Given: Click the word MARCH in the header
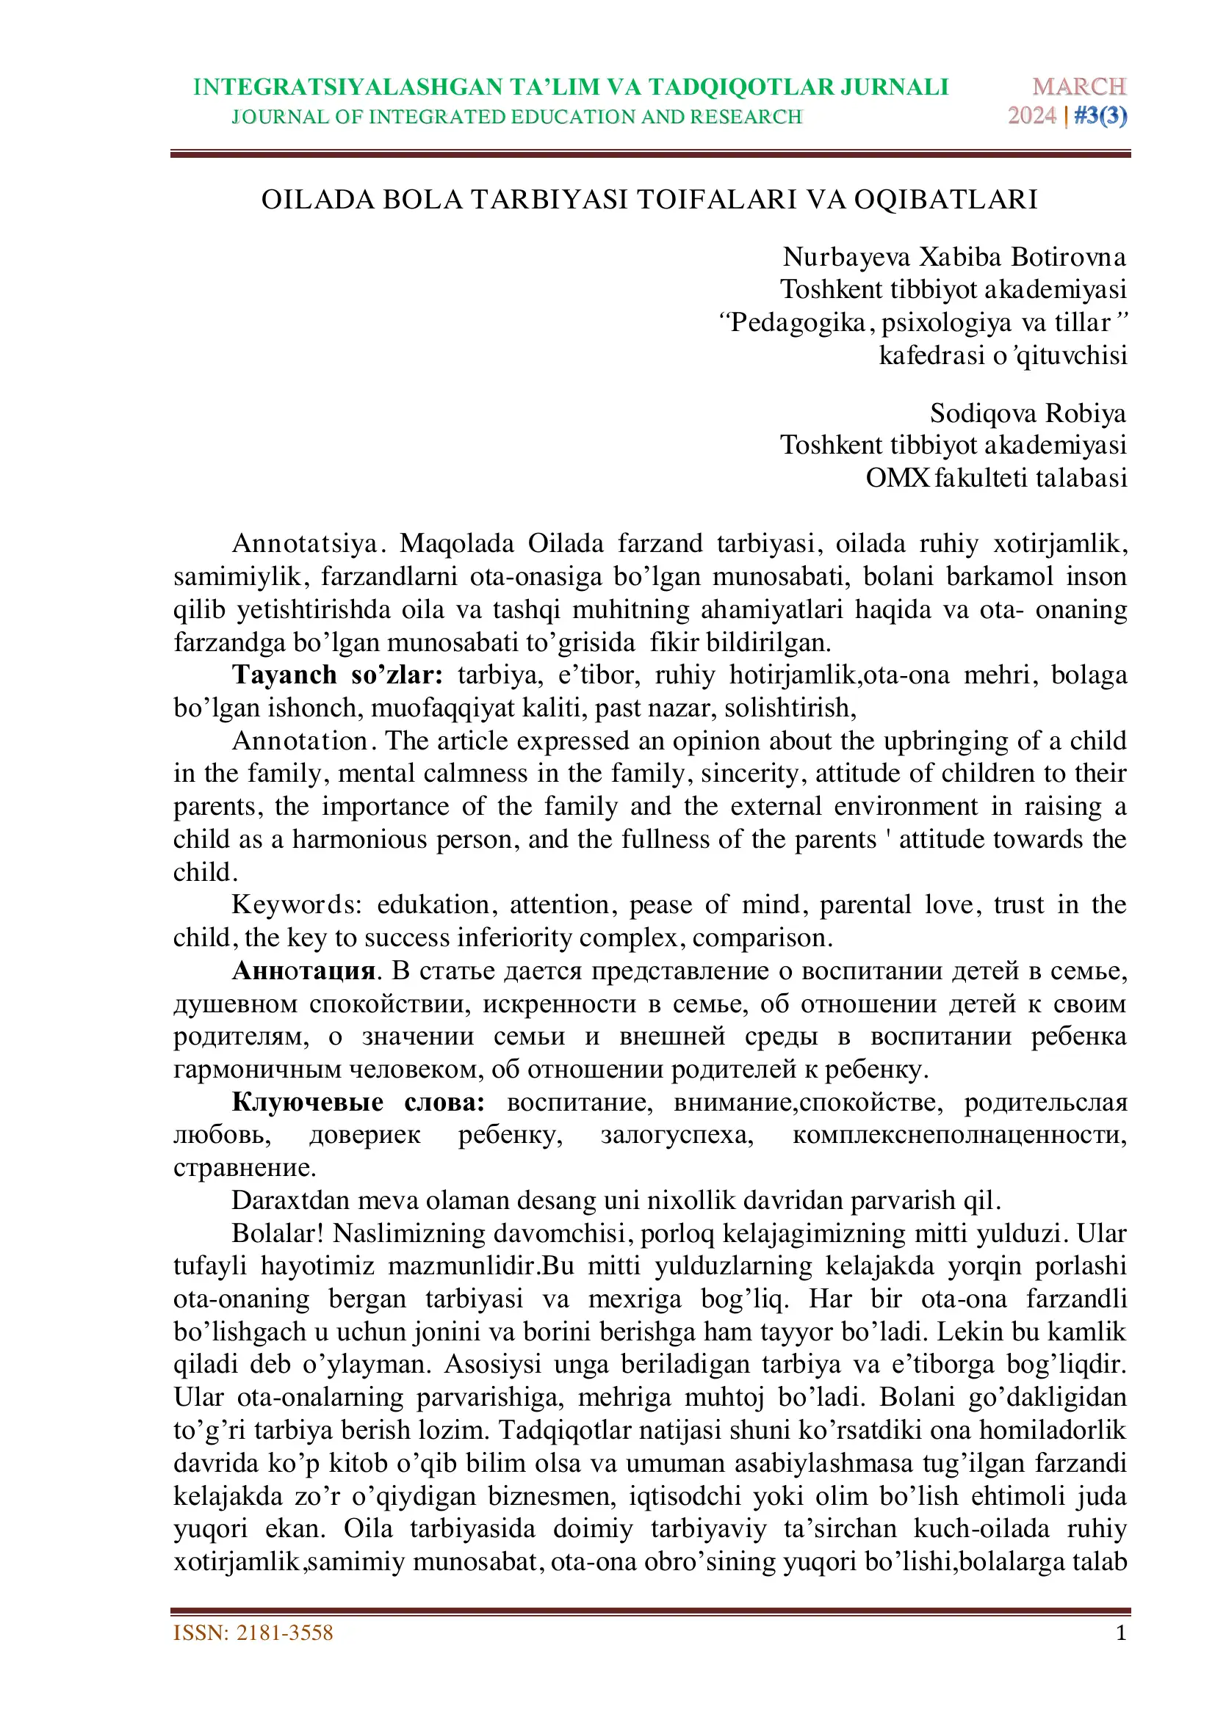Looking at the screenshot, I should click(x=1079, y=87).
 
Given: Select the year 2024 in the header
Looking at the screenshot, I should click(x=1031, y=116).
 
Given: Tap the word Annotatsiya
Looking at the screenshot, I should click(x=306, y=543).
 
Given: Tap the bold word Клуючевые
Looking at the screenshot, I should click(x=307, y=1102).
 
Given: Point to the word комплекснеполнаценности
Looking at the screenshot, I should click(x=959, y=1134).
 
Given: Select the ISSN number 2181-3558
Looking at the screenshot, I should click(x=284, y=1633).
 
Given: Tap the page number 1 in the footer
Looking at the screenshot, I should click(x=1121, y=1633).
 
